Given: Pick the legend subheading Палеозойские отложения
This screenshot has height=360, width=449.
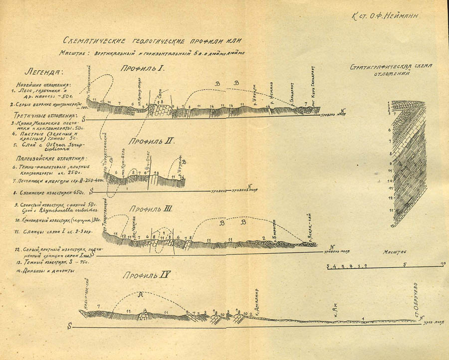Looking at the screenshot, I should click(x=45, y=159).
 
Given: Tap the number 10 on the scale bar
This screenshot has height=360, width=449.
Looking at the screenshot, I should click(x=443, y=263).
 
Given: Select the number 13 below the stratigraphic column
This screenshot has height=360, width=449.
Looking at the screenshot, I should click(x=393, y=225).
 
